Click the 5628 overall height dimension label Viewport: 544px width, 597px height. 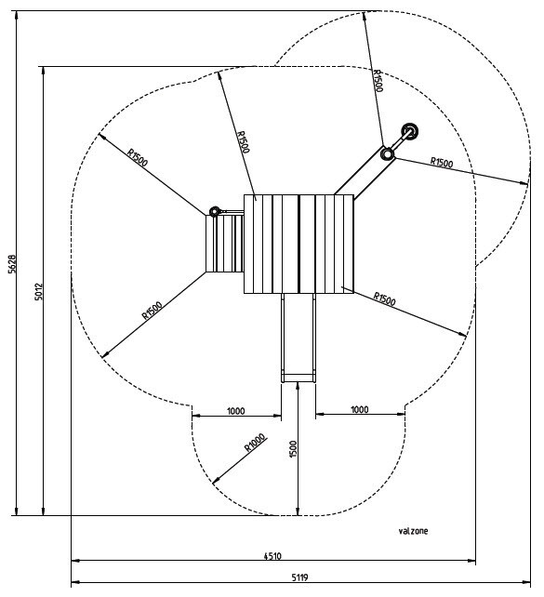[x=13, y=264]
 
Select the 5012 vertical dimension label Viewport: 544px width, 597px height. [x=39, y=291]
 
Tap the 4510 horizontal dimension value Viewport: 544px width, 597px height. [x=272, y=556]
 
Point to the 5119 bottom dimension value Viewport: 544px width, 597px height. [x=300, y=577]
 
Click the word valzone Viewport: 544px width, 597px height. [x=413, y=531]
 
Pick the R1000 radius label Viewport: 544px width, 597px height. [x=255, y=443]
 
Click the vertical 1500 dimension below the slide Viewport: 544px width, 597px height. [x=293, y=449]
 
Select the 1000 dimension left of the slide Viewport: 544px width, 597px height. [x=235, y=411]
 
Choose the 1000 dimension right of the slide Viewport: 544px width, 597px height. [x=359, y=410]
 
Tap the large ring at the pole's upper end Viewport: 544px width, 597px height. [x=410, y=131]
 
